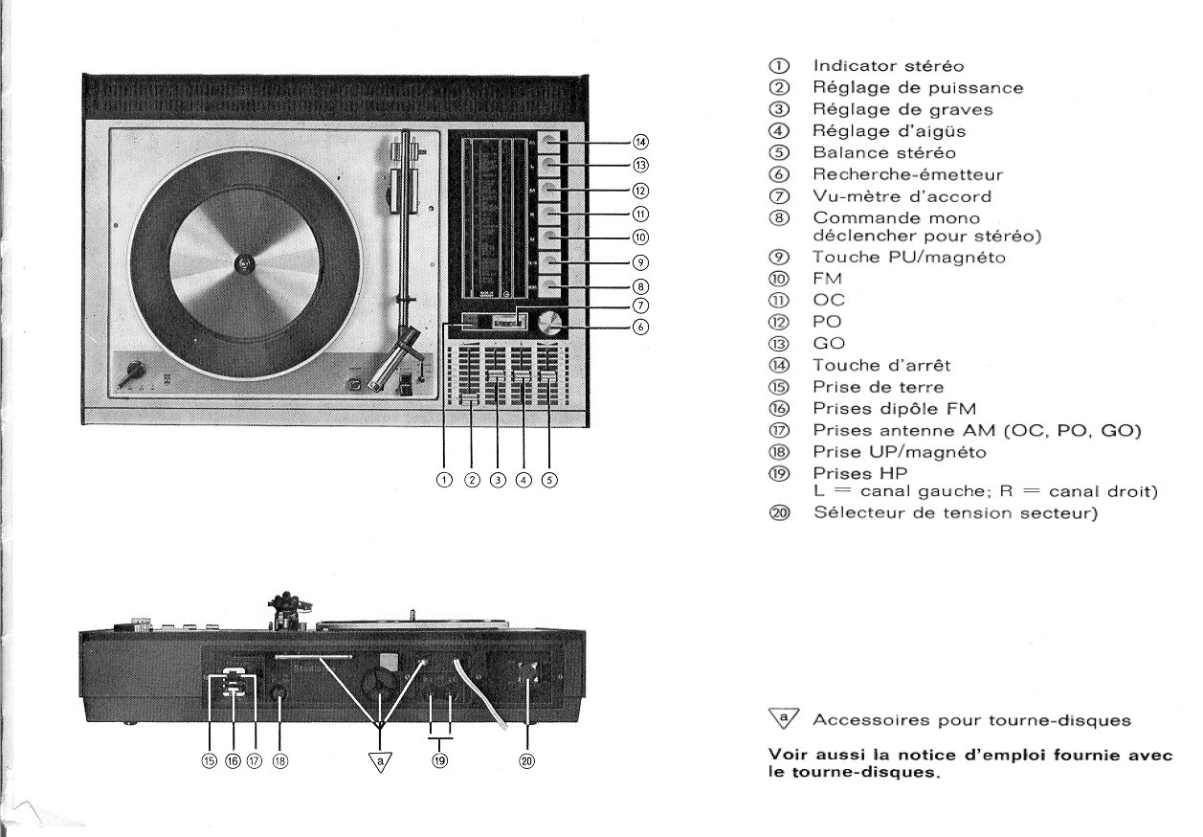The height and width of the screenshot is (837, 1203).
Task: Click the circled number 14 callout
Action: pyautogui.click(x=641, y=143)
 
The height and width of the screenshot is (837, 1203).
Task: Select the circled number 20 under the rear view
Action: pyautogui.click(x=527, y=761)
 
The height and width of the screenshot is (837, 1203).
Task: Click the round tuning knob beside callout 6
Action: pyautogui.click(x=549, y=323)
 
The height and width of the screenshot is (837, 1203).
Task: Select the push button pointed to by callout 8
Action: pyautogui.click(x=547, y=285)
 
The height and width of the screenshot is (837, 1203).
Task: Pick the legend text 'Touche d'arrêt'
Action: pyautogui.click(x=881, y=365)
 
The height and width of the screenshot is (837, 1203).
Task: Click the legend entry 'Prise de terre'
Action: pyautogui.click(x=878, y=387)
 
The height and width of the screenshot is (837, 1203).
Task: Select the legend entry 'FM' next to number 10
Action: pyautogui.click(x=828, y=280)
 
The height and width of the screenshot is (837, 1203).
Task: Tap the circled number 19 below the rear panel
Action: pyautogui.click(x=439, y=761)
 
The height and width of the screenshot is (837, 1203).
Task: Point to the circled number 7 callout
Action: pyautogui.click(x=641, y=306)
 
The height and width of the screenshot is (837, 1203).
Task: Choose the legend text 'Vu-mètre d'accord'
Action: pyautogui.click(x=886, y=195)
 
